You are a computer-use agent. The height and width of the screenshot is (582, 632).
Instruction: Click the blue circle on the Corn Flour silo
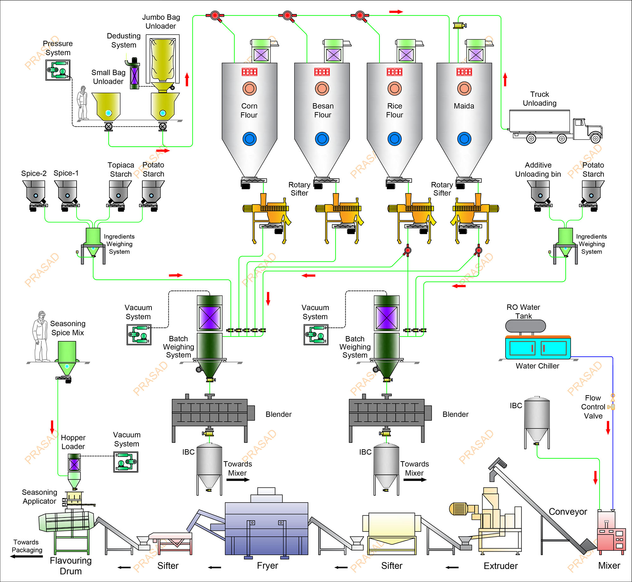coord(249,139)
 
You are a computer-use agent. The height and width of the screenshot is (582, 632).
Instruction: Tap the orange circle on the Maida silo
coord(464,89)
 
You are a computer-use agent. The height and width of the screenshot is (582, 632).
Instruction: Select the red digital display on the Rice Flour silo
coord(394,72)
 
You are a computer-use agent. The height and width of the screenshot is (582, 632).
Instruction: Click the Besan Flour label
coord(323,110)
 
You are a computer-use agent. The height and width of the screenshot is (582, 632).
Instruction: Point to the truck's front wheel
coord(595,138)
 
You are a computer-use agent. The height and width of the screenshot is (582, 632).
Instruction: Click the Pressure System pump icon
coord(58,70)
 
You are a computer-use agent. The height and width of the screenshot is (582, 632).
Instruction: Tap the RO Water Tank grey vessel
coord(526,326)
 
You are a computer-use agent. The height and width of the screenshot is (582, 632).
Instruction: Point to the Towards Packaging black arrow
coord(27,556)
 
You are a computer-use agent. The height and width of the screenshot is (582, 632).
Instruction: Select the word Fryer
coord(267,566)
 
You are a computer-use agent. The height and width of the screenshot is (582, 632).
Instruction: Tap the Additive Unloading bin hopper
coord(540,192)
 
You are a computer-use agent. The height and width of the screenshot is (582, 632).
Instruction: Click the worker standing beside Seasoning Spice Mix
coord(40,337)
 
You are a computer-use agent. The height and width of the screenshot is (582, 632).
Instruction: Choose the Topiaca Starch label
coord(121,169)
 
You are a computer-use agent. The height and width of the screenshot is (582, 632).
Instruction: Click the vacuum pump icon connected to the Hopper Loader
coord(126,462)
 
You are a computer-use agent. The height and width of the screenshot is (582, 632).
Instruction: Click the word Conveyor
coord(568,512)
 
